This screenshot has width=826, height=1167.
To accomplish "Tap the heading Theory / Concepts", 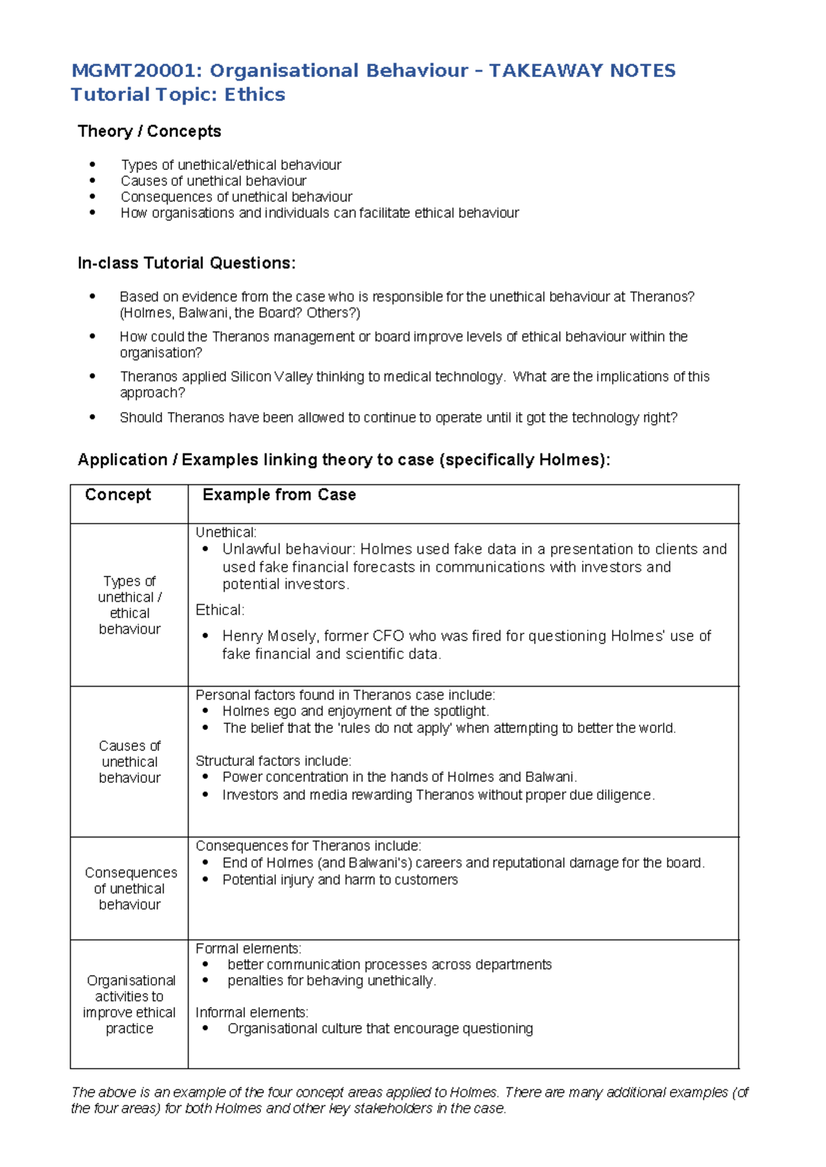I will pos(149,131).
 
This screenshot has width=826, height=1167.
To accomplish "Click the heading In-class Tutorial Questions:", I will pos(187,263).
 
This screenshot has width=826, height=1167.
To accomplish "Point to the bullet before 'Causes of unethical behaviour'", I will pos(92,181).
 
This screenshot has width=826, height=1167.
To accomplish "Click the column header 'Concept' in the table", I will pos(118,495).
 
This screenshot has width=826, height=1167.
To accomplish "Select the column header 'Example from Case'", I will pos(279,495).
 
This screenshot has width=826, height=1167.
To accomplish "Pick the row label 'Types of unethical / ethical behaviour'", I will pos(129,605).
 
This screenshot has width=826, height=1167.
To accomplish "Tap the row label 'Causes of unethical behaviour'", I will pos(129,762).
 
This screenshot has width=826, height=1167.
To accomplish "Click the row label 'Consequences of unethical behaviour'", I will pos(129,888).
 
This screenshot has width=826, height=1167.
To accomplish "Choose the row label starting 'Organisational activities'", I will pos(129,1004).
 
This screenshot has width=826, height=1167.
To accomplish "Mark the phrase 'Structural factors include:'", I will pos(273,761).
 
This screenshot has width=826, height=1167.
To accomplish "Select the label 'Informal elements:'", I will pos(251,1012).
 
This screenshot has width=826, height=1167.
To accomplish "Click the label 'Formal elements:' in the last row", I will pos(248,948).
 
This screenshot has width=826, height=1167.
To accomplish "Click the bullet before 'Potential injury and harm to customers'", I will pos(205,880).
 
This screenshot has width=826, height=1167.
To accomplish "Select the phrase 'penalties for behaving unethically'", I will pos(330,981).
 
